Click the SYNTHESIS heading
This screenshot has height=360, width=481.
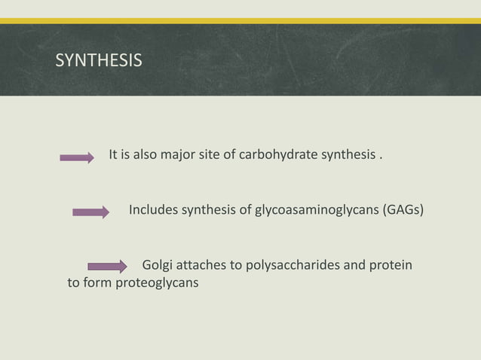click(x=98, y=60)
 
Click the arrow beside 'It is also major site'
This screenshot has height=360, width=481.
click(x=77, y=157)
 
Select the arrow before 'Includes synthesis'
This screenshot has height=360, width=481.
click(x=91, y=212)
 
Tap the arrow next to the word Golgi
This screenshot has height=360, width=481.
click(x=108, y=266)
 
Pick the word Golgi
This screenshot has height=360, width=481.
click(x=158, y=266)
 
